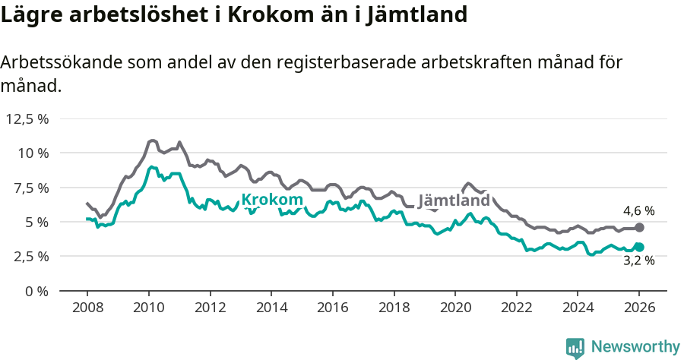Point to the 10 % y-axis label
click(33, 153)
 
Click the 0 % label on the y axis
click(36, 291)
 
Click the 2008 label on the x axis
click(87, 308)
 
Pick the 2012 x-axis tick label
click(210, 308)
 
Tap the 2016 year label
click(332, 308)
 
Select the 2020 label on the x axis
click(455, 308)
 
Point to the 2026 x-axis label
click(639, 308)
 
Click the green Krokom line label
click(272, 201)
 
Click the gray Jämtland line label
click(454, 201)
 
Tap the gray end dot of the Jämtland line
click(639, 227)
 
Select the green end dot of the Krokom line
click(639, 247)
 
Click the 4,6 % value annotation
click(638, 211)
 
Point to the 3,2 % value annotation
click(638, 261)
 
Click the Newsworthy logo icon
click(575, 347)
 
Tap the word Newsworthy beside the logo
click(635, 347)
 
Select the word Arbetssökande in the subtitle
click(60, 63)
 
